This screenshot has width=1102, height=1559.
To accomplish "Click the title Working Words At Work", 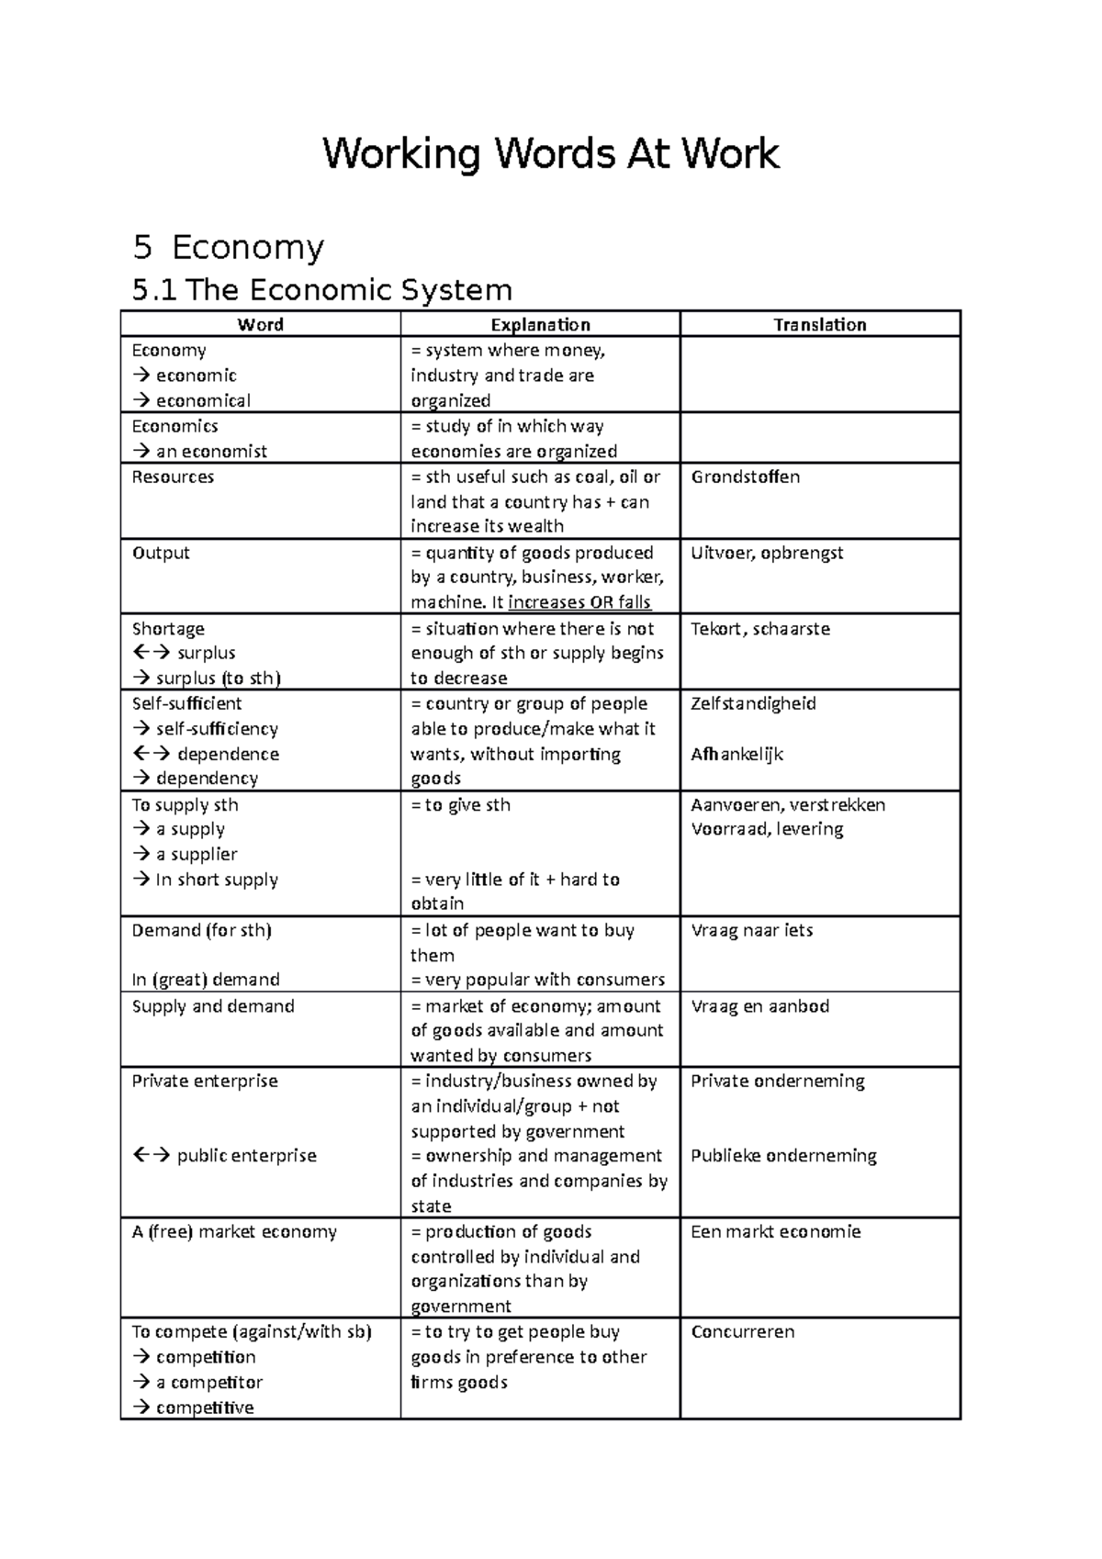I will (x=550, y=154).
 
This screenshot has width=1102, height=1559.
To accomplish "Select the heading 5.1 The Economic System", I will (x=321, y=290).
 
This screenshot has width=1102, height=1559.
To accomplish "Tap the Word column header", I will (x=260, y=324).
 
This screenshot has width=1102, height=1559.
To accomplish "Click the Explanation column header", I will (x=540, y=324).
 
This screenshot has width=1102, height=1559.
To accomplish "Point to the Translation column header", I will (x=819, y=324).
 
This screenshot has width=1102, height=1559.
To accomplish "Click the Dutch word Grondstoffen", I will (x=745, y=477).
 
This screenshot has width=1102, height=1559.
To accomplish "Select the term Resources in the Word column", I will (x=173, y=477).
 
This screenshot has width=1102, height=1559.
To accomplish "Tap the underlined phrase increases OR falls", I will (x=579, y=602).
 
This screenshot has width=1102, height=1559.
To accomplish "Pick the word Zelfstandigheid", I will (x=753, y=703).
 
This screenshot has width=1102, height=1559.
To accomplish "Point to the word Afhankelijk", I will (x=737, y=754).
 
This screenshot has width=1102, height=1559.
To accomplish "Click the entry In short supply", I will (x=216, y=880).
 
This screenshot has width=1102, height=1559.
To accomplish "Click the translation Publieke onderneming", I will (x=783, y=1156).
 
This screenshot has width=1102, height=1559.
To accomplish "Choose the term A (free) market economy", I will (x=234, y=1231).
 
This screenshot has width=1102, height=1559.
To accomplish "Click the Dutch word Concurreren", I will (x=742, y=1331).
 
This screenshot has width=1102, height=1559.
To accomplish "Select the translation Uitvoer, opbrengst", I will (x=767, y=553).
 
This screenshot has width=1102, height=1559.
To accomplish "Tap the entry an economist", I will (x=210, y=451).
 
